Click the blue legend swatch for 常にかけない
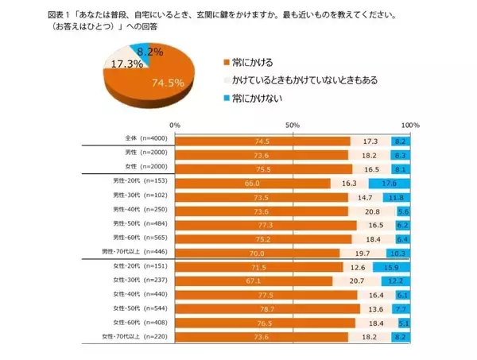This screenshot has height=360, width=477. click(x=227, y=98)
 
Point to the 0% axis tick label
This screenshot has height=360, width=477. click(x=176, y=126)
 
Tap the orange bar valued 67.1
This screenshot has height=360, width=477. click(x=253, y=281)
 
